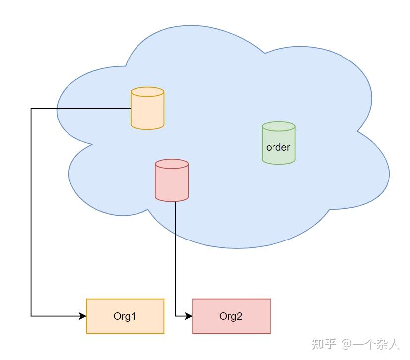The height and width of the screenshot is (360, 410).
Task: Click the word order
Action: pos(278,147)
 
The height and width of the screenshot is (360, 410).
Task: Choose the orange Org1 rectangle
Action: pos(125,316)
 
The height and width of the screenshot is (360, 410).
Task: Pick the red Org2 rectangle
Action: pos(231,316)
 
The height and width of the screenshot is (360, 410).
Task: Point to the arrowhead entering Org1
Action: pos(83,316)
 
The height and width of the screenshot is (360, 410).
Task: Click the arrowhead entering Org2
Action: pos(189,316)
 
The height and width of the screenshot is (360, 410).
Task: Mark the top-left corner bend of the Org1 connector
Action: pos(31,108)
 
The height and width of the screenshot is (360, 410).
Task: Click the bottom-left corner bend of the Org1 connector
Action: pos(31,316)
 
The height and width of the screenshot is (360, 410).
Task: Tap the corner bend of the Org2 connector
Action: pos(175,316)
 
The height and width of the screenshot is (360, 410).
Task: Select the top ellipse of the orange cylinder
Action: pos(147,92)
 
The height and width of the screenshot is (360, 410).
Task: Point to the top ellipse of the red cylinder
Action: pos(172,164)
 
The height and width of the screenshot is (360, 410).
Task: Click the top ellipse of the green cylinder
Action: pos(278,126)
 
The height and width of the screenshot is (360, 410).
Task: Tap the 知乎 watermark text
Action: pos(324,344)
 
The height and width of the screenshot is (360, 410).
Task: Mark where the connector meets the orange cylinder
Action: pos(131,108)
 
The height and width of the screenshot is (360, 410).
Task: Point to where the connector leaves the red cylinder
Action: pos(175,201)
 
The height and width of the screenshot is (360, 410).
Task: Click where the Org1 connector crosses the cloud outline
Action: pos(57,108)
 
